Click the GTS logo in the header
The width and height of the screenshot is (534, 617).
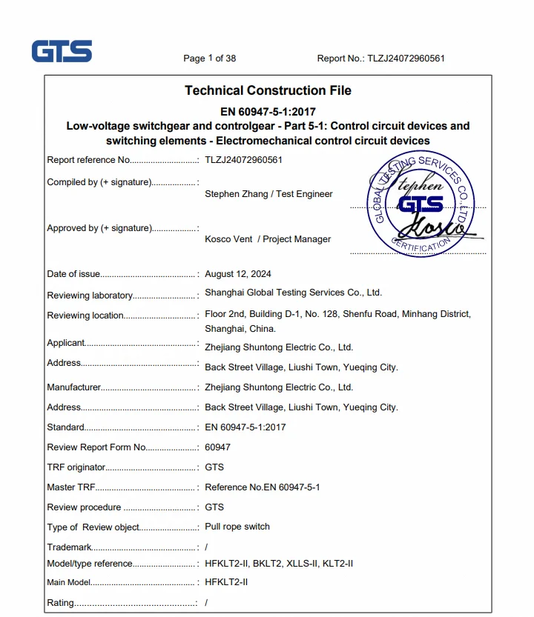tap(62, 51)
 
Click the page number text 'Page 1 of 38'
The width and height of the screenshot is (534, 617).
tap(210, 59)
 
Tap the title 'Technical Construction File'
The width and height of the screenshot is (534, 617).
tap(268, 90)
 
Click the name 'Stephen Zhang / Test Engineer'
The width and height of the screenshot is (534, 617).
tap(268, 194)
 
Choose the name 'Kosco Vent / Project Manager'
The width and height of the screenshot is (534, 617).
tap(268, 239)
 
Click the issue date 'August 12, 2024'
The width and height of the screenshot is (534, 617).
tap(238, 274)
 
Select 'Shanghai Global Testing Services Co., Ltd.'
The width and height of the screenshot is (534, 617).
tap(293, 293)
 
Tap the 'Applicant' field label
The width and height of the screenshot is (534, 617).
tap(66, 343)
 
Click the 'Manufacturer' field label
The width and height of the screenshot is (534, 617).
tap(73, 387)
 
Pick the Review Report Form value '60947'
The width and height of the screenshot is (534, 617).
tap(217, 447)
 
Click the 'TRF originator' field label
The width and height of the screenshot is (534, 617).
tap(76, 467)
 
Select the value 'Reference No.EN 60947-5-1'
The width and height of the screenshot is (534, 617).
tap(263, 487)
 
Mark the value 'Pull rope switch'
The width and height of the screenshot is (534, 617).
tap(237, 527)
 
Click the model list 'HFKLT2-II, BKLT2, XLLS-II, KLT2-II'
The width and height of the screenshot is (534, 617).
tap(279, 564)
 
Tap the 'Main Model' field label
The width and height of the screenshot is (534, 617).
tap(69, 583)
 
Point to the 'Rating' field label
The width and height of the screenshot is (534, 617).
tap(60, 603)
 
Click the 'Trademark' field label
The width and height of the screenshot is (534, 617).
tap(69, 547)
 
